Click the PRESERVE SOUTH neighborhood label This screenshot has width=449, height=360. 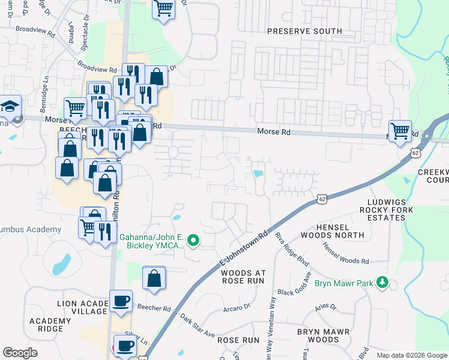304,31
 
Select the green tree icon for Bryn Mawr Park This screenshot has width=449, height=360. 382,282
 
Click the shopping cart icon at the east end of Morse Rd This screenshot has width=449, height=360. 400,130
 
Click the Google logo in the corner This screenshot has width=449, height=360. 20,352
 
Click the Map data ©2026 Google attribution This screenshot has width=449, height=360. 412,355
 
